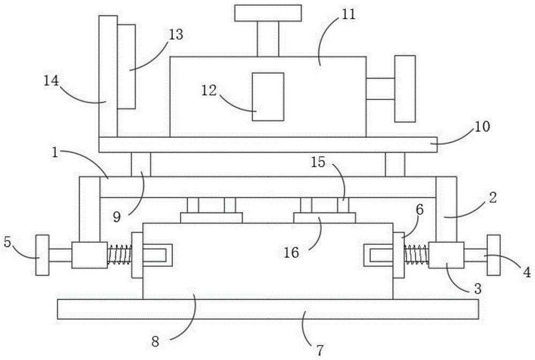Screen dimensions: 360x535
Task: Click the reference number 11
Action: tap(348, 15)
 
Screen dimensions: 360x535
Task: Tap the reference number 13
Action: tap(175, 35)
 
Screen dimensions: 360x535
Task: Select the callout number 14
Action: tap(52, 81)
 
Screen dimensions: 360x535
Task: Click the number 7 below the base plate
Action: tap(319, 351)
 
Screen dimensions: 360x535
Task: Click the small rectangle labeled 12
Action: tap(267, 97)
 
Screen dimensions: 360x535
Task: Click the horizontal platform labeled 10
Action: tap(267, 144)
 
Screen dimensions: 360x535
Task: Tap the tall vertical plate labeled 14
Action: tap(108, 75)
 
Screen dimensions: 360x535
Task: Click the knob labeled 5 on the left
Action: tap(42, 255)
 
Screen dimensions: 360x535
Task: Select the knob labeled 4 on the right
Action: tap(493, 255)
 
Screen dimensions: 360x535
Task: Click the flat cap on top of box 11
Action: tap(267, 13)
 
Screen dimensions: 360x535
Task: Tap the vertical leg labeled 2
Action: tap(446, 209)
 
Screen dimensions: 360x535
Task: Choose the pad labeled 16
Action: tap(325, 218)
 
